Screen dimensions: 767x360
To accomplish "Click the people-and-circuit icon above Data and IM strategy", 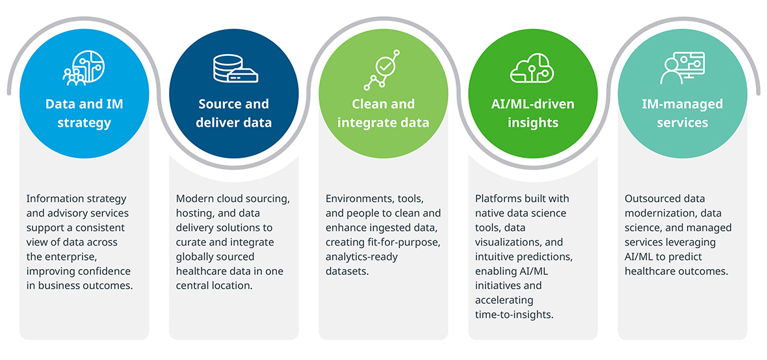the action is tap(84, 68).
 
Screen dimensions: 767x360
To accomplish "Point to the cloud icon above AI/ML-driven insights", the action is tap(533, 68).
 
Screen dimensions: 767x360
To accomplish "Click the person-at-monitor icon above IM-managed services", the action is tap(682, 68).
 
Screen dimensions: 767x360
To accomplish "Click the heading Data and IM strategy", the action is tap(84, 113).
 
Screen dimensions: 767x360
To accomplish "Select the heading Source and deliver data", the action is tap(234, 113).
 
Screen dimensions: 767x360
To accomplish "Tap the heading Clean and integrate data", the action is tap(383, 113).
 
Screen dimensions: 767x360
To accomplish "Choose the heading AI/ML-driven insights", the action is tap(533, 113).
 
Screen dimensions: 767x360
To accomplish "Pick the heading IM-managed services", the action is tap(682, 113).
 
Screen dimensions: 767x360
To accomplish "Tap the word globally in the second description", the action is tap(193, 257).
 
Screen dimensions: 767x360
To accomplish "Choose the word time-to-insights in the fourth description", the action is tap(514, 315).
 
